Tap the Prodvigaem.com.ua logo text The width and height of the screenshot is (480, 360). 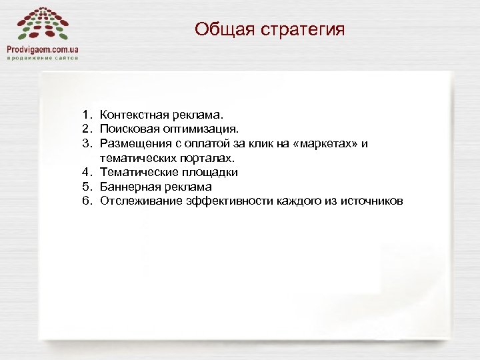43,49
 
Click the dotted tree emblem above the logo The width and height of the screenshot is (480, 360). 42,23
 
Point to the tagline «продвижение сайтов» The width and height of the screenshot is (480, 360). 43,58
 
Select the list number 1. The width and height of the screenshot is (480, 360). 87,116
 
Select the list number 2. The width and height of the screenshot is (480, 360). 87,130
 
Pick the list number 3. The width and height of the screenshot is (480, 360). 87,144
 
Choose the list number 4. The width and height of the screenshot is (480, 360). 87,172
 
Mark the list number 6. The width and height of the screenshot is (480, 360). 87,201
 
